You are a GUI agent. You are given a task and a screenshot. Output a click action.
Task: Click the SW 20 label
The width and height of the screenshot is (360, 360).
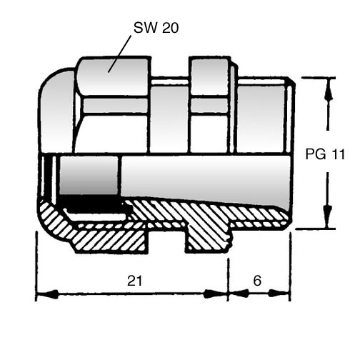point(156,28)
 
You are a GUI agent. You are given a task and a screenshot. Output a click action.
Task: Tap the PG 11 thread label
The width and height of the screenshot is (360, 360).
point(325,154)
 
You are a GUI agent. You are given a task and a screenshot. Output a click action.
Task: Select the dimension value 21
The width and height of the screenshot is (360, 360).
point(135,281)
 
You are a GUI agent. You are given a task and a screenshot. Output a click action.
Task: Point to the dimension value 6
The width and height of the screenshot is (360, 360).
point(257,281)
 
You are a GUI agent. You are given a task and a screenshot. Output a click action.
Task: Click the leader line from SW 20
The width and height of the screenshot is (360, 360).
point(119,54)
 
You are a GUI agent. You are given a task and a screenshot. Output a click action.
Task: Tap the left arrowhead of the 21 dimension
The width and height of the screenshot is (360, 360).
point(48,294)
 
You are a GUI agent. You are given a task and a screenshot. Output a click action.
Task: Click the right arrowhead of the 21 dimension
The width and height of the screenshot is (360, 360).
point(214,294)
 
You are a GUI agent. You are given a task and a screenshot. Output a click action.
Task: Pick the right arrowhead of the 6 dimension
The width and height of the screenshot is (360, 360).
point(279,294)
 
